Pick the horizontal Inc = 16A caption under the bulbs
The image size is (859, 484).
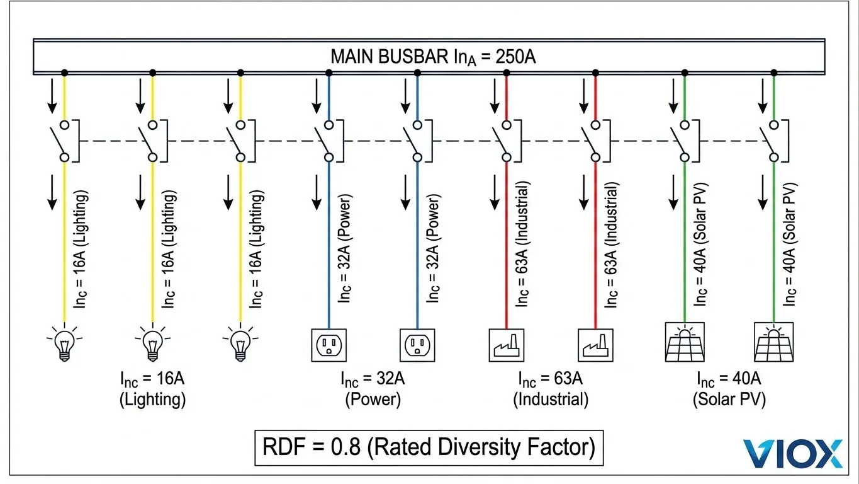pyautogui.click(x=152, y=379)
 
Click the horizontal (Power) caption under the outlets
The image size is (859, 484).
pyautogui.click(x=373, y=400)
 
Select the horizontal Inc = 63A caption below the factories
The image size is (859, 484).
pyautogui.click(x=550, y=379)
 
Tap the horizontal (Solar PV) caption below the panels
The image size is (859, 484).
pyautogui.click(x=729, y=400)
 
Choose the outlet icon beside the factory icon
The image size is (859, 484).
pyautogui.click(x=417, y=344)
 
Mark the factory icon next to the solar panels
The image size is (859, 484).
pyautogui.click(x=595, y=344)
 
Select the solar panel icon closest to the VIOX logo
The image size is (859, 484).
pyautogui.click(x=773, y=342)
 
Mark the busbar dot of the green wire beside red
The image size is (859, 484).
pyautogui.click(x=685, y=73)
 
